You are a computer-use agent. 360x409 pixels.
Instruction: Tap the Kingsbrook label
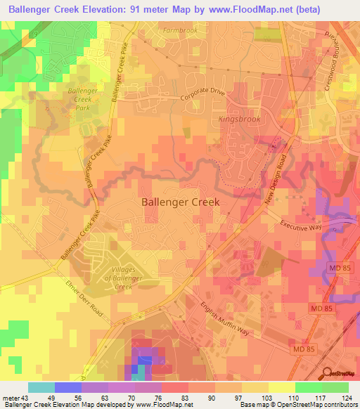click(x=239, y=119)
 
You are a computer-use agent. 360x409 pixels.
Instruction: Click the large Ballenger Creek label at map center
click(x=181, y=202)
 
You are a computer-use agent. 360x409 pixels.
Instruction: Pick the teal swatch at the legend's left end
click(x=41, y=387)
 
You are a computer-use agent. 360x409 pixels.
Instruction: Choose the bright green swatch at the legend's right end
click(x=335, y=387)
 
